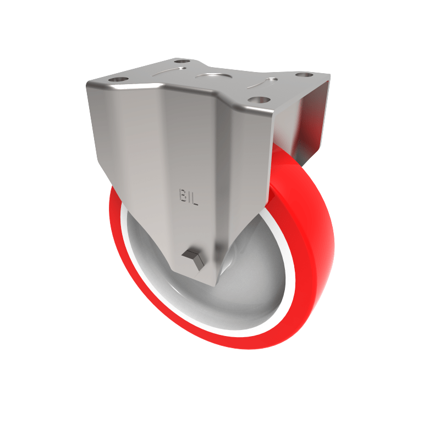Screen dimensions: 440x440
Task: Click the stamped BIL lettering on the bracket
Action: [187, 196]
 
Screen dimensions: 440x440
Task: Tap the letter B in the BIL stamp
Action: [180, 196]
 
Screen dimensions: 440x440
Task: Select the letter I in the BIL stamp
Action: [187, 196]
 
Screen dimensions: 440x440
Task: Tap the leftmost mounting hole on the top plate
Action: [117, 81]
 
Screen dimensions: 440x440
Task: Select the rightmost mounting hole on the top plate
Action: [303, 75]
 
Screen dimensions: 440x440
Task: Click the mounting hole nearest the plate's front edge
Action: [257, 100]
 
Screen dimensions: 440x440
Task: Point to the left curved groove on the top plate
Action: [168, 72]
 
